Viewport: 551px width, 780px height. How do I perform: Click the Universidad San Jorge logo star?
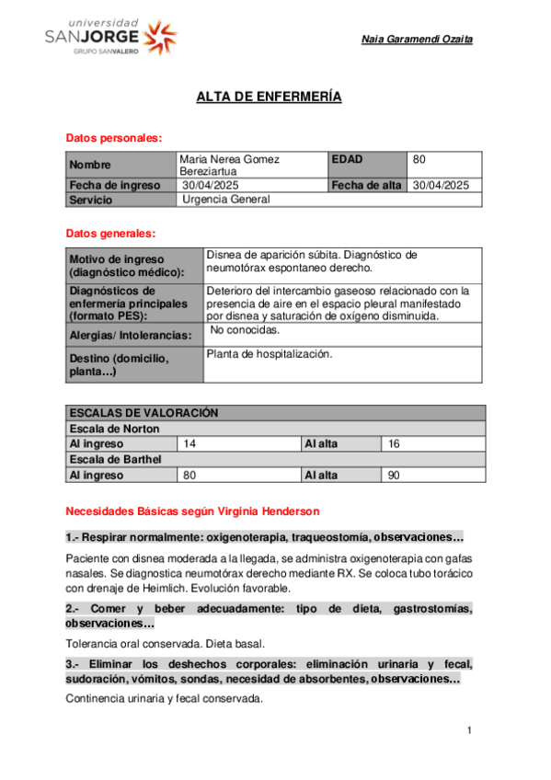(161, 36)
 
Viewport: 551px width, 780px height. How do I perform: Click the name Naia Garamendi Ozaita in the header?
(418, 40)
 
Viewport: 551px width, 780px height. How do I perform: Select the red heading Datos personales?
(114, 138)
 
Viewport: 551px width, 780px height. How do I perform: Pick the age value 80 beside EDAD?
(419, 159)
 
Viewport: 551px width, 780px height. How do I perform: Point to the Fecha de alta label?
(366, 185)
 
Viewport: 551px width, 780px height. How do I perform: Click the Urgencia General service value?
(226, 199)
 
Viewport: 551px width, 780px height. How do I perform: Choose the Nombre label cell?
(90, 166)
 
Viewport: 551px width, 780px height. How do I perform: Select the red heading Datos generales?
(110, 234)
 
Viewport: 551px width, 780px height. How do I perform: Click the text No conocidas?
(246, 329)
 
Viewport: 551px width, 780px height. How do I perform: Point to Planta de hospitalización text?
(270, 353)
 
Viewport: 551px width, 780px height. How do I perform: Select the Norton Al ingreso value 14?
(190, 444)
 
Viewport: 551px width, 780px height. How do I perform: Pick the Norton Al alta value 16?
(395, 444)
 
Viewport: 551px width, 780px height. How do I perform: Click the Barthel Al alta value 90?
(395, 476)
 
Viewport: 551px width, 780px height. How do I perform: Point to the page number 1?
(469, 731)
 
